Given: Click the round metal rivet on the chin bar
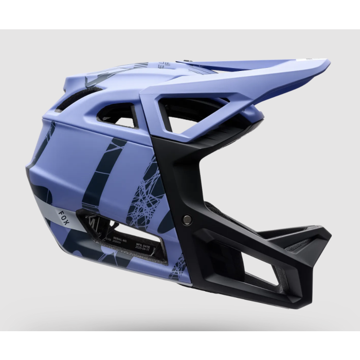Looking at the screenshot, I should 187,220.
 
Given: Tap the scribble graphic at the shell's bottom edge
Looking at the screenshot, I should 177,267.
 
